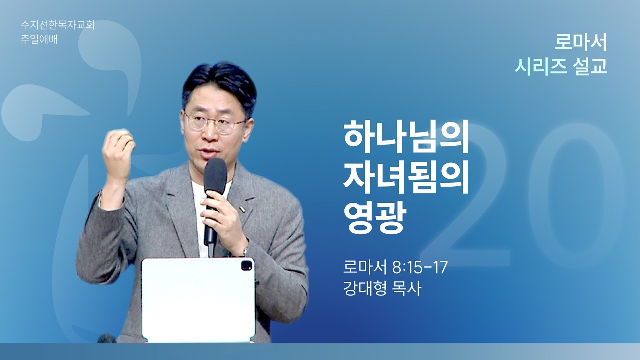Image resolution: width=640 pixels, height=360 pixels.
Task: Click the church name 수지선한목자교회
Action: coord(57,25)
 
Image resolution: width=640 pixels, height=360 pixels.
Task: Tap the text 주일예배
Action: coord(39,39)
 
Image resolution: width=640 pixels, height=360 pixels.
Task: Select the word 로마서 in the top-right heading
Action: coord(581,43)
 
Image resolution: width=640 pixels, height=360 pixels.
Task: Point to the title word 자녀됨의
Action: coord(406,179)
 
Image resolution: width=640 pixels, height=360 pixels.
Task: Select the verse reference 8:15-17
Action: coord(420,268)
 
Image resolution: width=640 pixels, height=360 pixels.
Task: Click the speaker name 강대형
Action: coord(365,289)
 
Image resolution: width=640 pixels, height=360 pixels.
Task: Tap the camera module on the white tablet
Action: coord(246,265)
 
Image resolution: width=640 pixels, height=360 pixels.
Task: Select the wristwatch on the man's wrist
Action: coord(245,250)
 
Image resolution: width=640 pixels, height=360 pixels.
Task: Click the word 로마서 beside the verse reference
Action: coord(365,268)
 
